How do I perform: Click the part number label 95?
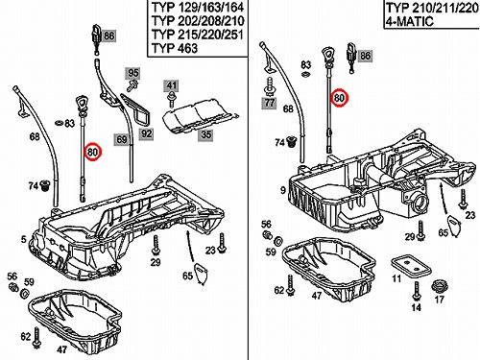(132, 73)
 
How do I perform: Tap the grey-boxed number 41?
(171, 85)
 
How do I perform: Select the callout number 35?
(205, 134)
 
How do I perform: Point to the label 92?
(146, 133)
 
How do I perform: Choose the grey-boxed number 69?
(122, 140)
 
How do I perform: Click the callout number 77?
(269, 103)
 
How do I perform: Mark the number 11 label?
(396, 278)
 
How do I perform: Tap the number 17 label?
(440, 300)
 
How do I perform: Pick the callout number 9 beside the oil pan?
(283, 190)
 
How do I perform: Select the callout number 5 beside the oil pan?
(23, 239)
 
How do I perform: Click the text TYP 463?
(175, 48)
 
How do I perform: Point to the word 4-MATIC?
(410, 21)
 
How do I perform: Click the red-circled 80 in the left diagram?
(92, 152)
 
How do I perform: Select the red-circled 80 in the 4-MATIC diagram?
(339, 97)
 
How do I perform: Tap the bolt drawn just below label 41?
(172, 99)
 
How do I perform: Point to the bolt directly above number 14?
(417, 292)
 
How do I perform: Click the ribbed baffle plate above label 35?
(199, 117)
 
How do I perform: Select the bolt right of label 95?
(132, 85)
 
